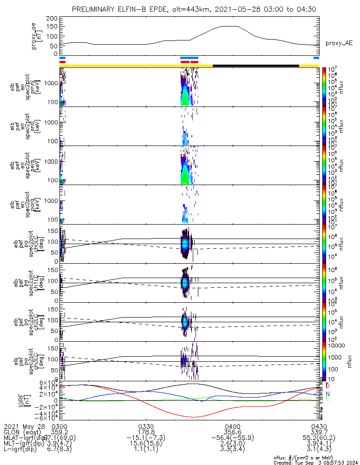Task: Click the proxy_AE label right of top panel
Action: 339,44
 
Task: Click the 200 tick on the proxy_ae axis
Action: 52,18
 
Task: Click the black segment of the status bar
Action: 255,66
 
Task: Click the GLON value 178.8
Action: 146,432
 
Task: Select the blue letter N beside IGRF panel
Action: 327,394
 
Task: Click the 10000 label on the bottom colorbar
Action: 335,346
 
